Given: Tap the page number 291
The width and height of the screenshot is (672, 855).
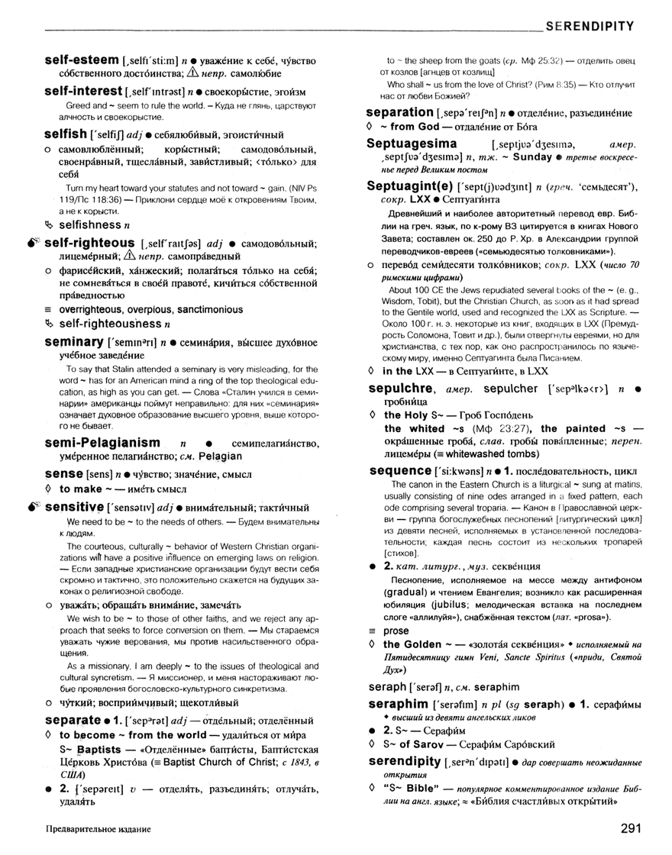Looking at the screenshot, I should (636, 828).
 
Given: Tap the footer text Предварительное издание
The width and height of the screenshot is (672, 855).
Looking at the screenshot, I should (98, 828).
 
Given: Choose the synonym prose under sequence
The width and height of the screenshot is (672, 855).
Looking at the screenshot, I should (396, 631).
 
